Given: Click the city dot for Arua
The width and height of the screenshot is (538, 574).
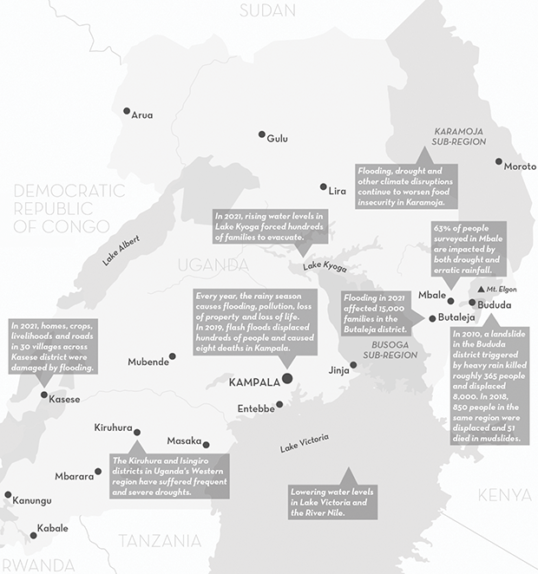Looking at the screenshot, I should click(127, 111).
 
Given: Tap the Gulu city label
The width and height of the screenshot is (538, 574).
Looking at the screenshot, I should click(278, 139).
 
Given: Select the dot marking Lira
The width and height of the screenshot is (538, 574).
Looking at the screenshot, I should click(324, 186).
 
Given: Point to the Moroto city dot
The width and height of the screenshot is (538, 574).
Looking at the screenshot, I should click(499, 161).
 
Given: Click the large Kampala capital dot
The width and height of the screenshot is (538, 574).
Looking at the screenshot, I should click(287, 378).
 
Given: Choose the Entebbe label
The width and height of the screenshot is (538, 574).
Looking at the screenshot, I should click(256, 408).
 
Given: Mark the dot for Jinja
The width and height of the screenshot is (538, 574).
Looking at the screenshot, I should click(353, 365).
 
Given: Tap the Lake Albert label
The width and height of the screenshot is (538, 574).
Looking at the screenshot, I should click(121, 247).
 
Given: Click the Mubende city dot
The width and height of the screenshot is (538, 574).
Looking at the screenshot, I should click(173, 356).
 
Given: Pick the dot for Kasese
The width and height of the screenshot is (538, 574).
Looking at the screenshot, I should click(44, 395).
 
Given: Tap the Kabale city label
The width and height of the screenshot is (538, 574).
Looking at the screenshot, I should click(52, 528).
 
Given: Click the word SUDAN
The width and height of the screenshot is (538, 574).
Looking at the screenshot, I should click(267, 10).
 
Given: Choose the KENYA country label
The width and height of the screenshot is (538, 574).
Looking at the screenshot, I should click(503, 495).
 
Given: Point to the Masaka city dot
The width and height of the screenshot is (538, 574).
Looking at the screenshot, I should click(207, 444).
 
